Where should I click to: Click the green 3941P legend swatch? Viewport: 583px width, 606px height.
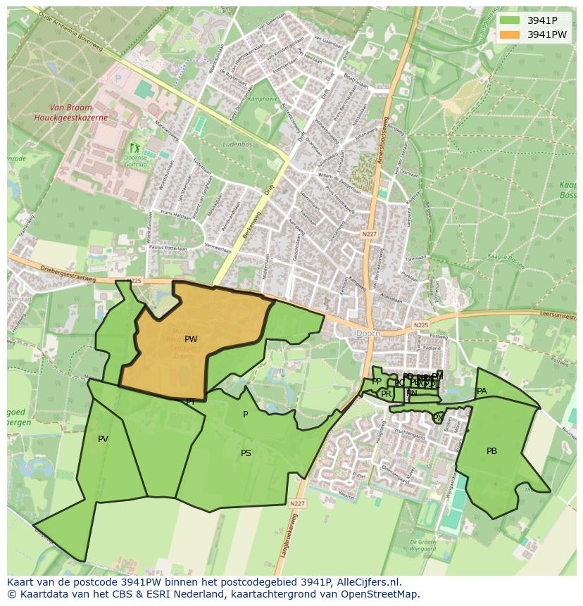pos(510,20)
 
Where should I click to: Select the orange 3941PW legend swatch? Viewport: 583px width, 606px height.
pos(510,34)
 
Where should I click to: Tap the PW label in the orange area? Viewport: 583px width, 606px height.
pos(191,339)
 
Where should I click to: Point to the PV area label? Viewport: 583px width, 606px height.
pos(104,439)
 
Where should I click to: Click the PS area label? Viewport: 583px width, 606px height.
pos(246,453)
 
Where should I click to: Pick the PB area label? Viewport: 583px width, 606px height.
pos(491,450)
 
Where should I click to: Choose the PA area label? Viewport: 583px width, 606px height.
pos(482,391)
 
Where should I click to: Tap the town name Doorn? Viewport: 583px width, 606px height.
pos(368,333)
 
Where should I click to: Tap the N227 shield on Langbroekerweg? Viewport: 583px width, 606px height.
pos(296,503)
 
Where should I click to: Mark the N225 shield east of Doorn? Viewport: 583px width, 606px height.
pos(420,324)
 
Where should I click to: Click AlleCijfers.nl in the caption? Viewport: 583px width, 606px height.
pos(367,582)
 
